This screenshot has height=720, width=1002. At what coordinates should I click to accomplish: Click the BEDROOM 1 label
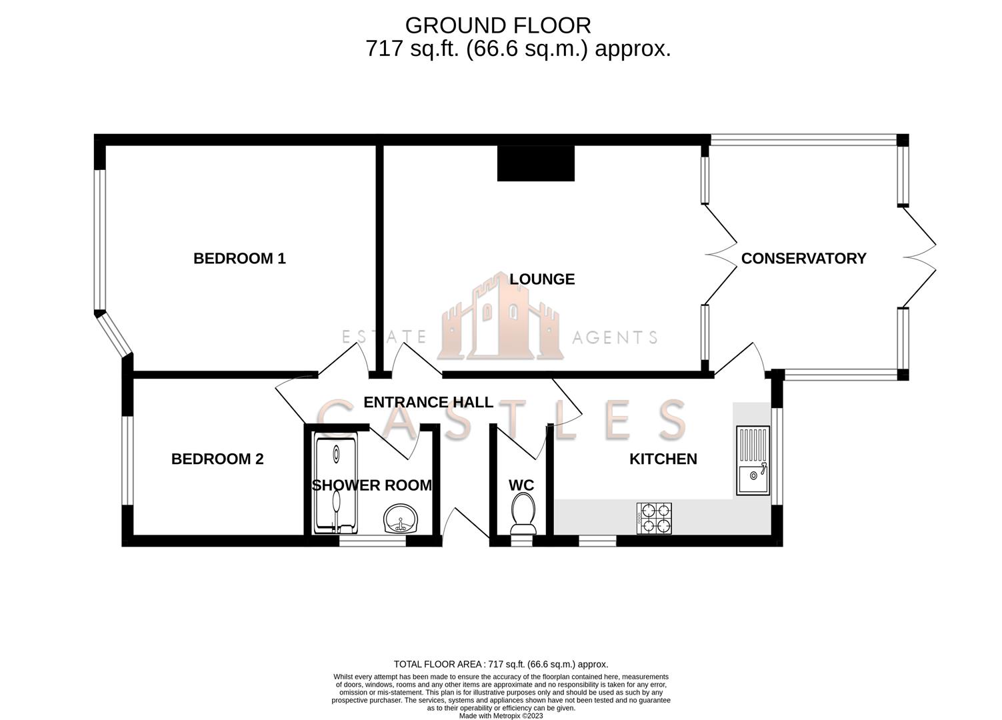[x=239, y=259]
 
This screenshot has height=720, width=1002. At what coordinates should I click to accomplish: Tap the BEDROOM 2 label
[x=217, y=459]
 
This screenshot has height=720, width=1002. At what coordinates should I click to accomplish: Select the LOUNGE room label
[x=541, y=279]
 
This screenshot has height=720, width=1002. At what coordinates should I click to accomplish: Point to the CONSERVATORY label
[x=803, y=259]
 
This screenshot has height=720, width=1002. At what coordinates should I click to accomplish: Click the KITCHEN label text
[x=663, y=459]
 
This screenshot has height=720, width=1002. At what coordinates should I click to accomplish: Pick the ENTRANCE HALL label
[x=428, y=403]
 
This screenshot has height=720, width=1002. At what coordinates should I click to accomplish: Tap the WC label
[x=521, y=485]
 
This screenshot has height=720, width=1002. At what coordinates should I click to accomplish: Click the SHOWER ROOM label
[x=371, y=485]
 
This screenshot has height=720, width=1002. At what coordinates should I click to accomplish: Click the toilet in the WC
[x=522, y=515]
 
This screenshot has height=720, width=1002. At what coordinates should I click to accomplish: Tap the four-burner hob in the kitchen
[x=655, y=518]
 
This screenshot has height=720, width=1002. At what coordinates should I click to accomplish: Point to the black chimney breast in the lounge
[x=535, y=163]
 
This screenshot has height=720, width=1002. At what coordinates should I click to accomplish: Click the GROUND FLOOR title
[x=497, y=25]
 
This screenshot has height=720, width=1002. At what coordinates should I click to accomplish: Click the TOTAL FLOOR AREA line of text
[x=501, y=664]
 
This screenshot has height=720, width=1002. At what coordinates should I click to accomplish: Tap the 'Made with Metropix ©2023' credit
[x=501, y=716]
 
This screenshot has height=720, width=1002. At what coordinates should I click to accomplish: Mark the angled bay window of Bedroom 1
[x=114, y=334]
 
